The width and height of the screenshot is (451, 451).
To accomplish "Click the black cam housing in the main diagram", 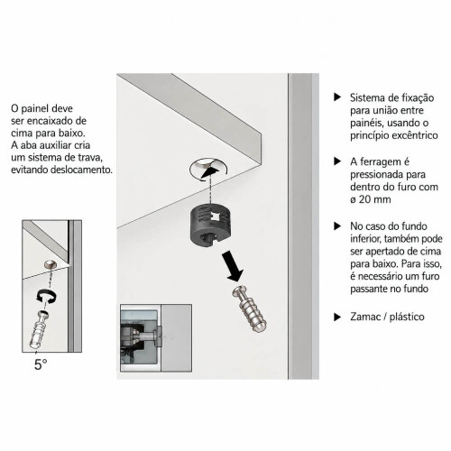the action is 210,224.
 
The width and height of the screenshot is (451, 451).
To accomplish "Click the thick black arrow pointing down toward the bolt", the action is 233,266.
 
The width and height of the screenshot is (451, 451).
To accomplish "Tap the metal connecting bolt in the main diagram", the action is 249,308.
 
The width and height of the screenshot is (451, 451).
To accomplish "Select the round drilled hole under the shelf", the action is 208,169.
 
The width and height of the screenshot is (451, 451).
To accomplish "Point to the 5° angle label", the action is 41,364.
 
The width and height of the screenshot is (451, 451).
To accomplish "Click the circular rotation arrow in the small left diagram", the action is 46,296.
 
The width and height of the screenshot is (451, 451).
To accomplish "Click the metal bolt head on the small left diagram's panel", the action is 49,264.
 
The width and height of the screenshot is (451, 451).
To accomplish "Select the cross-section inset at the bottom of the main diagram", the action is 156,337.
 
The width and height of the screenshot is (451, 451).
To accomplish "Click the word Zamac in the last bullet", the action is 365,317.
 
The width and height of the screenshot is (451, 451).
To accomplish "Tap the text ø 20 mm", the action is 371,199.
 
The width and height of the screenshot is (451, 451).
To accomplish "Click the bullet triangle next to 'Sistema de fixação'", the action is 337,97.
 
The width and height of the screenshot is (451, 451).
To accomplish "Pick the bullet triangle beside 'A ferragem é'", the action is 337,161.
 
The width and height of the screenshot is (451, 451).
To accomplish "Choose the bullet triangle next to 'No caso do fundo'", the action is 337,225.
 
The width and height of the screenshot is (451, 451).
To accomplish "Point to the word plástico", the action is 407,317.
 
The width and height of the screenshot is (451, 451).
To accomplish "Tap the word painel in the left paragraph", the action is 34,108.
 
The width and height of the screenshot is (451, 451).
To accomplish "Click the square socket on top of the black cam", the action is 216,216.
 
